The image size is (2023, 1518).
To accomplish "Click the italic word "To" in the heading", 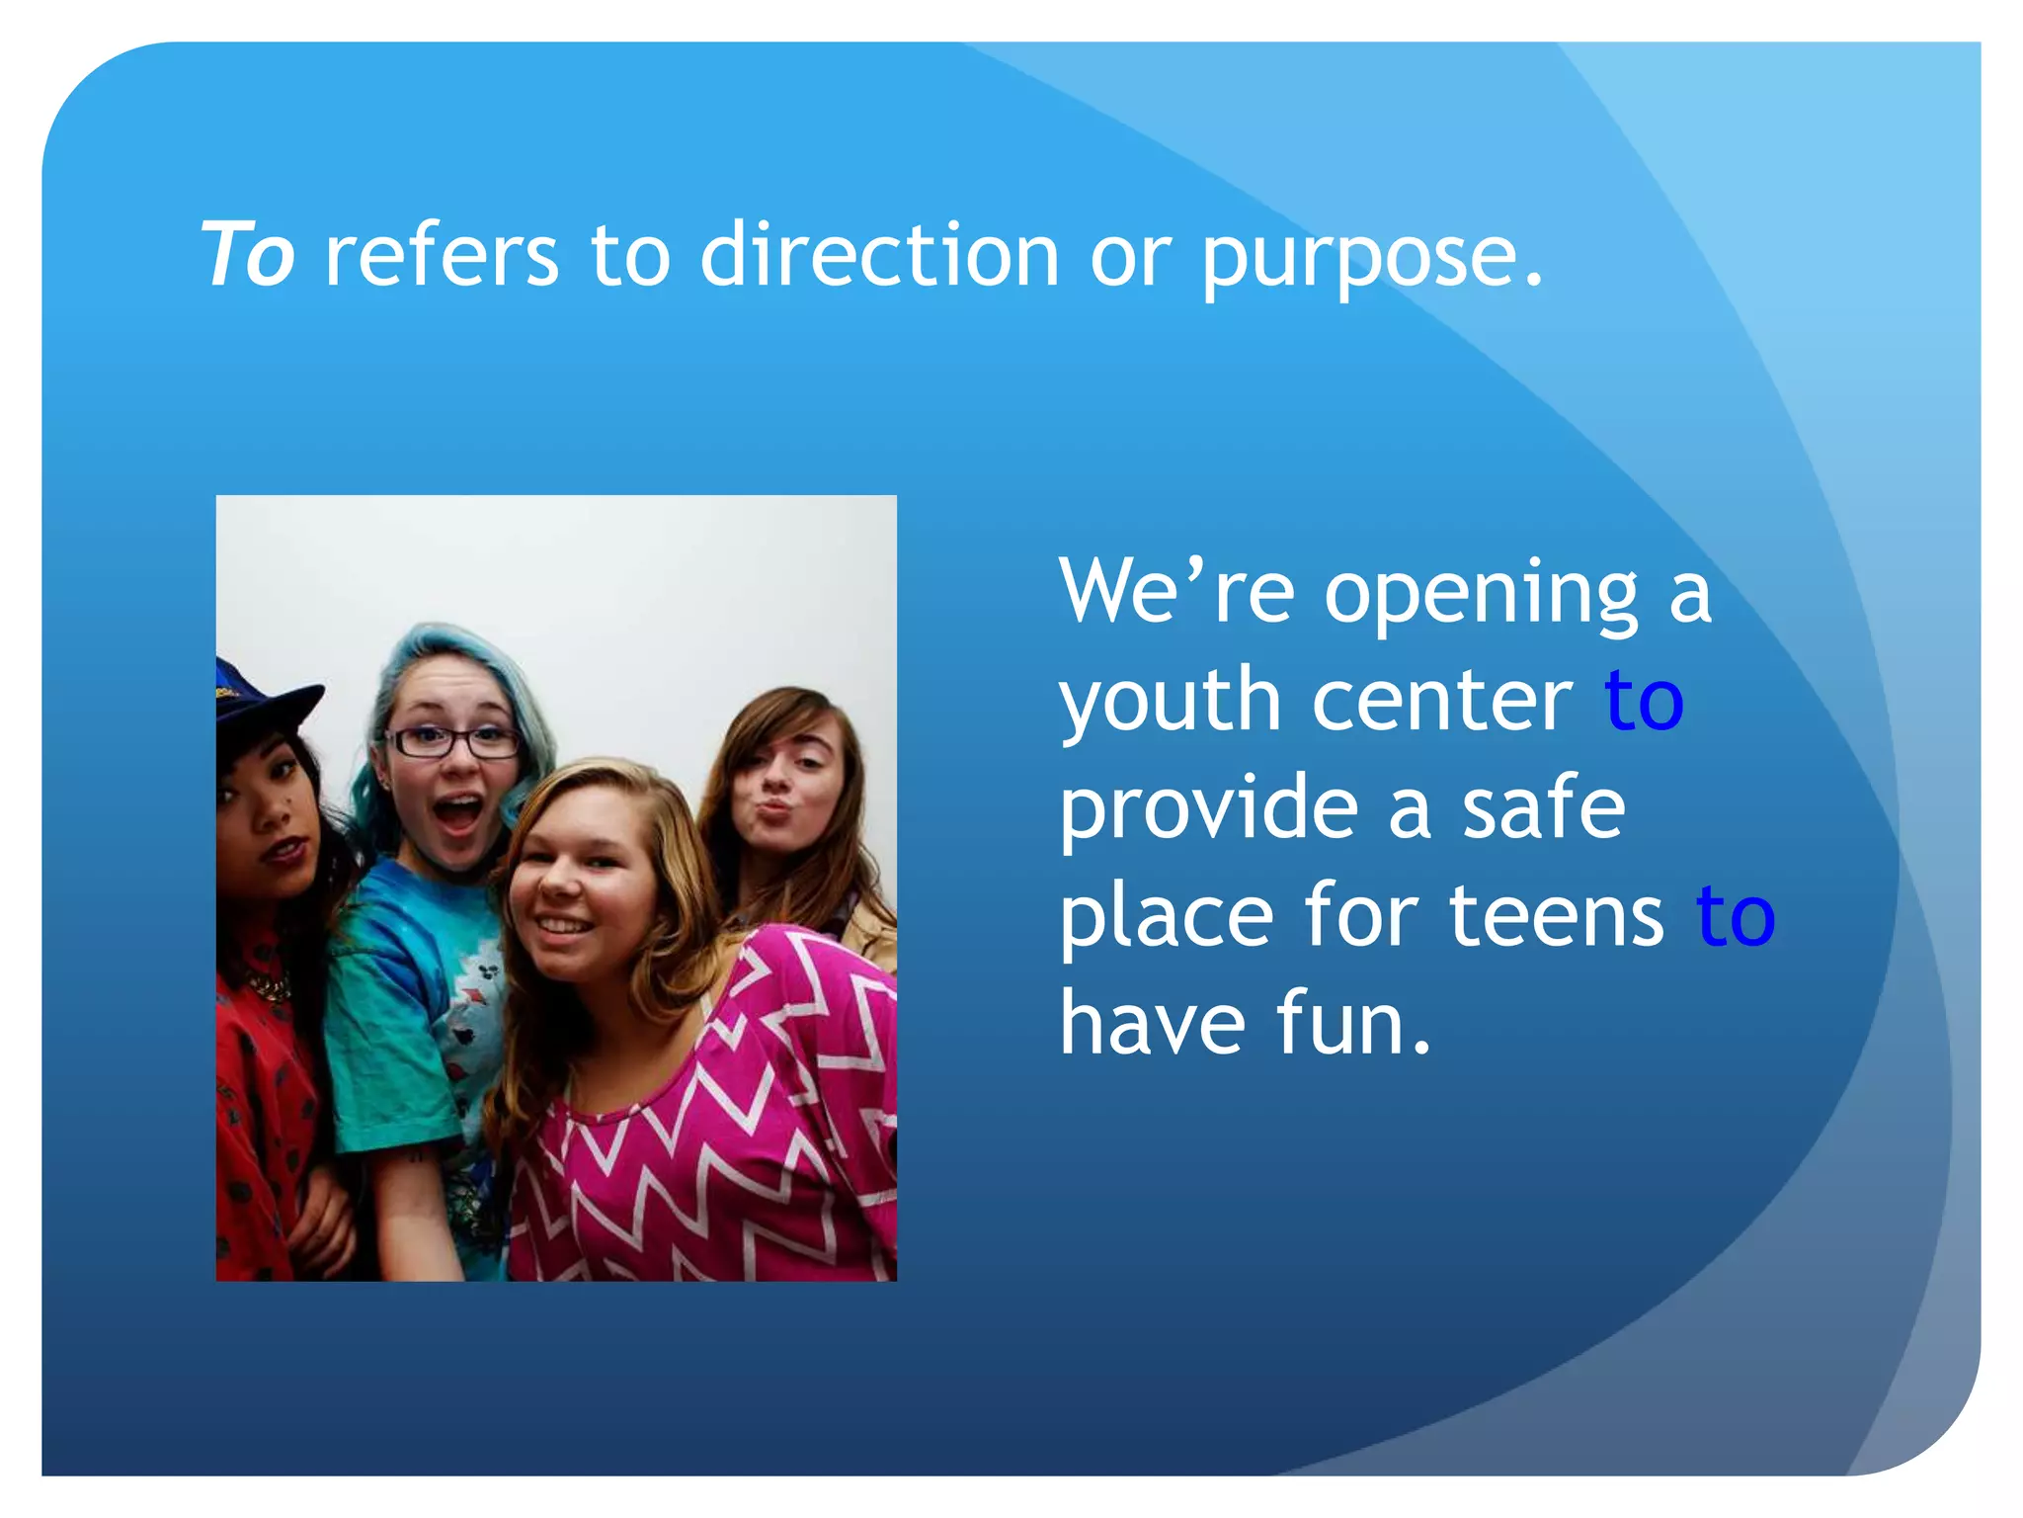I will (248, 255).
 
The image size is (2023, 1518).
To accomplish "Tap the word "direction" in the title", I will (879, 255).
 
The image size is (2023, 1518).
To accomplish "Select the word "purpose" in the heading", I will (1358, 259).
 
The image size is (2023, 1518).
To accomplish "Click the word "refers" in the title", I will (442, 255).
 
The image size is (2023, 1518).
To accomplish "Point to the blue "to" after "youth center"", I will (1644, 701).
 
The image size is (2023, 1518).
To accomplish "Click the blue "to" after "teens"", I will (1736, 916).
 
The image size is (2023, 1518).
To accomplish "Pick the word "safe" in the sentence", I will (1543, 808).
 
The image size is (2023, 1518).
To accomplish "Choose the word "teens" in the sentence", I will (1556, 916).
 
